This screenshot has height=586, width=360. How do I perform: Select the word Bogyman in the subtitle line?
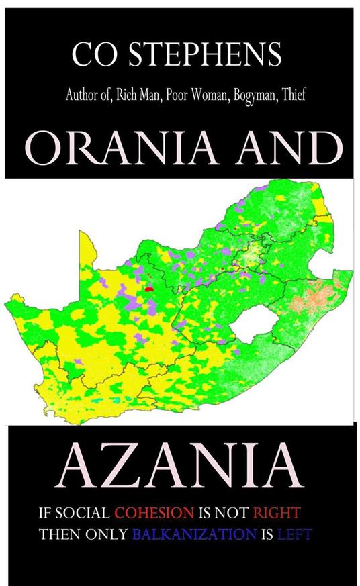251,95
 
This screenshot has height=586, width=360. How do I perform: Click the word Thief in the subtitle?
293,95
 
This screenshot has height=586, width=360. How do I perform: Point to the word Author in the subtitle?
81,95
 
